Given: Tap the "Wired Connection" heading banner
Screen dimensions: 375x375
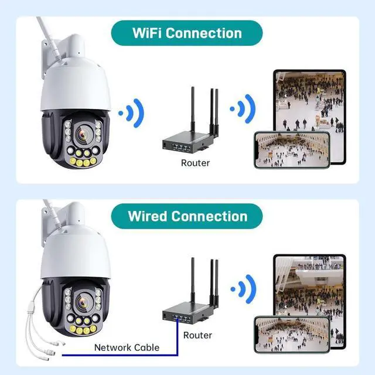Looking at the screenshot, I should coord(187,216).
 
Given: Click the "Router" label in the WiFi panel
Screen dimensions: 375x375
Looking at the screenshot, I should coord(195,163).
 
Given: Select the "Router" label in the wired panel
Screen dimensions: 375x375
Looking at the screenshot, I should coord(197,335).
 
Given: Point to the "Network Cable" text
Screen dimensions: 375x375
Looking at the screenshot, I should coord(127,347).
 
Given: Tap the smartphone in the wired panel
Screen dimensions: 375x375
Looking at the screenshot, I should coord(291,335).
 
